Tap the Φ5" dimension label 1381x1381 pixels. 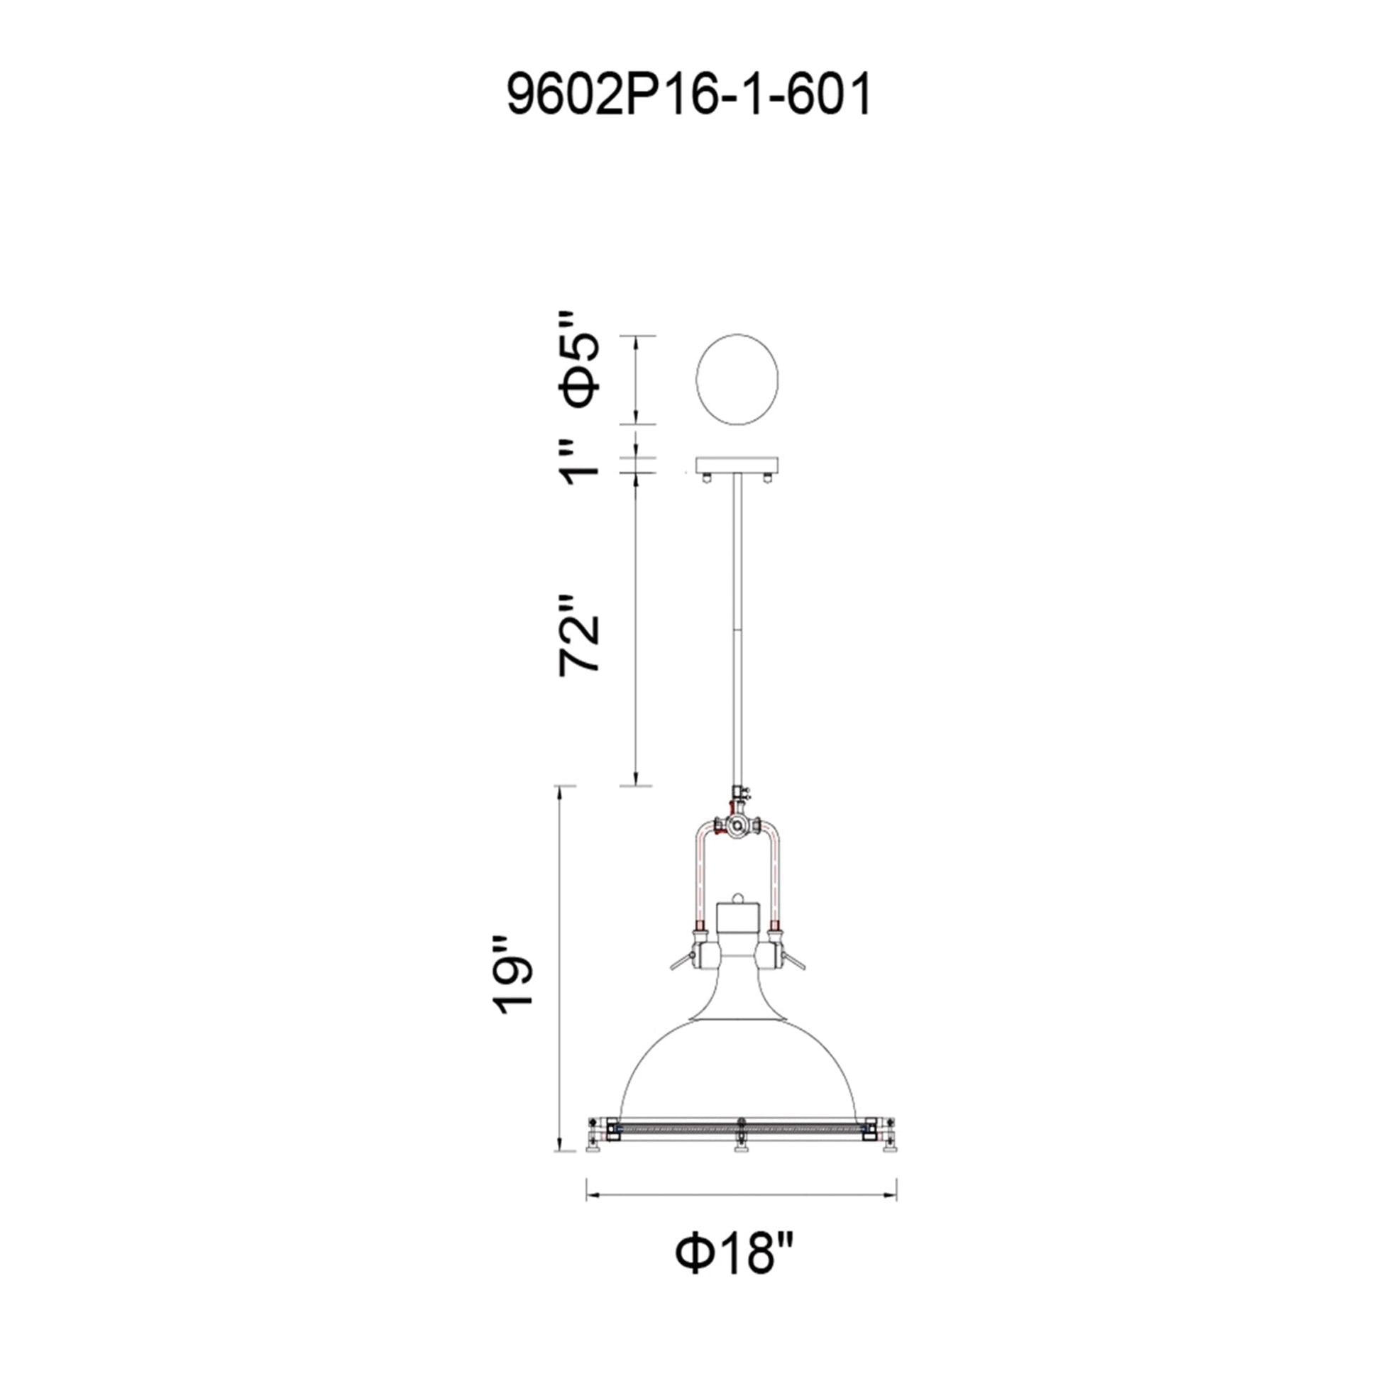(x=580, y=369)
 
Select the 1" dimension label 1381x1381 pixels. (x=580, y=463)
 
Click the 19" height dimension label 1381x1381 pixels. (x=514, y=975)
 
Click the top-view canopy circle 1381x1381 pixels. (x=737, y=380)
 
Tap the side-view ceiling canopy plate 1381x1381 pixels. (x=737, y=466)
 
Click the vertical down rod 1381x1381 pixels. (x=736, y=629)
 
